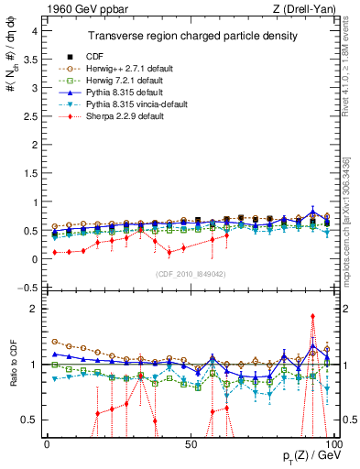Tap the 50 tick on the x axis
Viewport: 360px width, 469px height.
(x=190, y=444)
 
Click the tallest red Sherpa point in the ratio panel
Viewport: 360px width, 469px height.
(x=313, y=316)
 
